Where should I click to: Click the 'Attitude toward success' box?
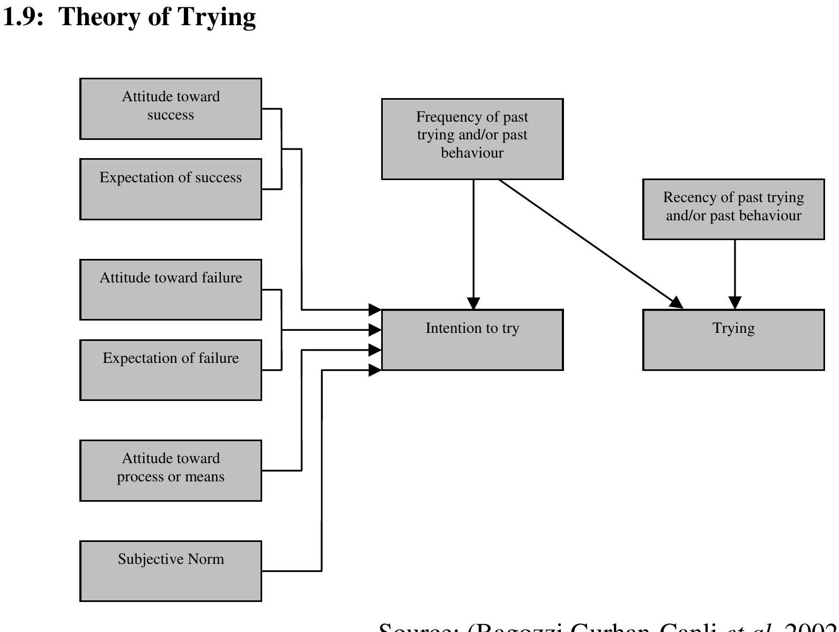point(170,109)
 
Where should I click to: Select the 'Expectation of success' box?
point(170,189)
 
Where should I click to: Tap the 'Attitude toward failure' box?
point(170,289)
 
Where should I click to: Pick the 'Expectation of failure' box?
point(170,370)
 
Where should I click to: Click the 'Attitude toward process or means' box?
point(170,471)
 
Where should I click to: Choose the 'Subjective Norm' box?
point(170,571)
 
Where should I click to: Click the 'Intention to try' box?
point(472,340)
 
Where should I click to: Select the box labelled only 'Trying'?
point(733,340)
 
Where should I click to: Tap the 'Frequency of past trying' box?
point(472,139)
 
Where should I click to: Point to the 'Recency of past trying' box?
point(733,209)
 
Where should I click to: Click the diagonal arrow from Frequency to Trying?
point(590,244)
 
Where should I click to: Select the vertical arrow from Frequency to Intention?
point(473,241)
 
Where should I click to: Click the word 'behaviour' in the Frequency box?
point(472,153)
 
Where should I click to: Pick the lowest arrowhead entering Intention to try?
point(375,370)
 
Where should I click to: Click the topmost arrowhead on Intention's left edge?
point(375,309)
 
